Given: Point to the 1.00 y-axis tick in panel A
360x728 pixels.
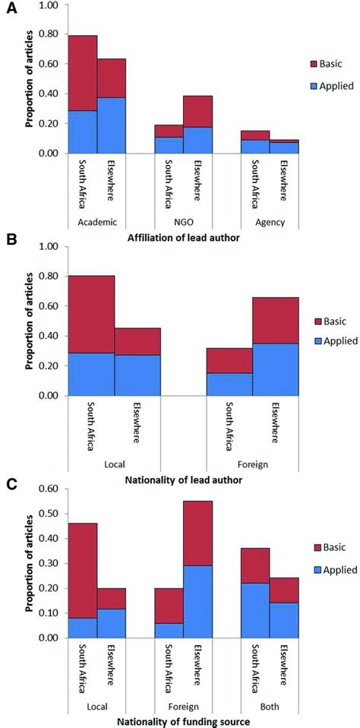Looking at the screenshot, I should click(x=49, y=5).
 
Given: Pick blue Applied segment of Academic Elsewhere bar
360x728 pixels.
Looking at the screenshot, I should click(x=112, y=125).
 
